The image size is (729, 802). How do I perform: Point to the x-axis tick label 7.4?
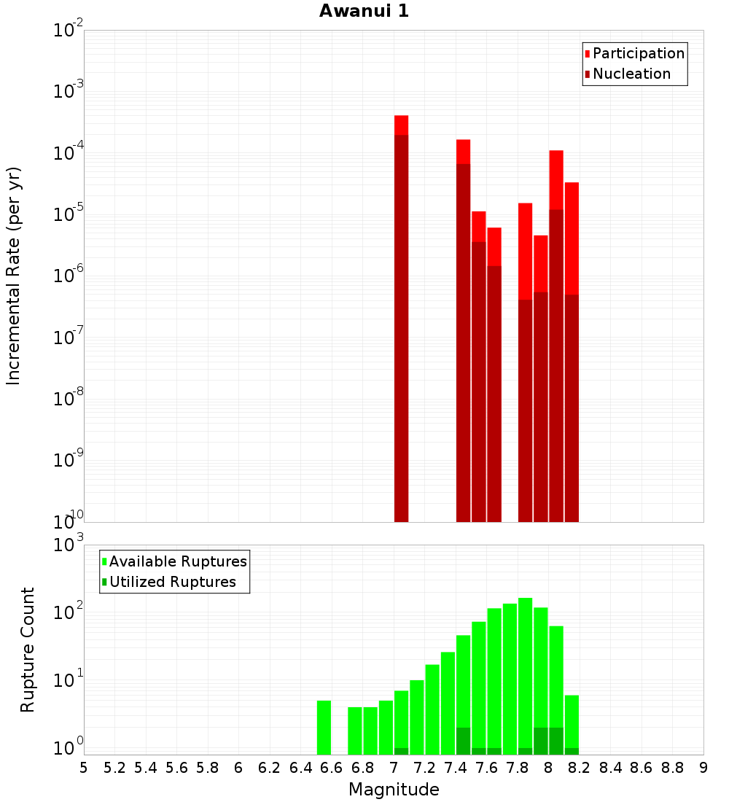pyautogui.click(x=456, y=767)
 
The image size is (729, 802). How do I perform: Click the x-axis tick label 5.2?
pyautogui.click(x=114, y=767)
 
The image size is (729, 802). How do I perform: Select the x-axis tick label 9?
pyautogui.click(x=703, y=767)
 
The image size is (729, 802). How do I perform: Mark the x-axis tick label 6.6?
pyautogui.click(x=332, y=767)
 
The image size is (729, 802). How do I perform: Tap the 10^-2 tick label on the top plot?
pyautogui.click(x=68, y=31)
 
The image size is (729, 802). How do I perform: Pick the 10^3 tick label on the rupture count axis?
pyautogui.click(x=68, y=545)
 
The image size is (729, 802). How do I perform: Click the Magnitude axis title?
pyautogui.click(x=394, y=790)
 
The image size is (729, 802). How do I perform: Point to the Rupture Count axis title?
pyautogui.click(x=28, y=649)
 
